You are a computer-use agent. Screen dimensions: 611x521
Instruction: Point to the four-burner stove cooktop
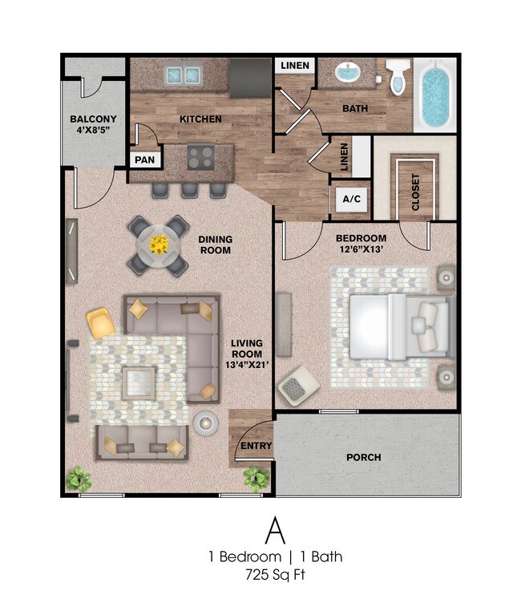[x=200, y=156]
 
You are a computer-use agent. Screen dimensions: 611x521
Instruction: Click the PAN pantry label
[x=144, y=160]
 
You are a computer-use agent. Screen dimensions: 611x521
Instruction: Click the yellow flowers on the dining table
[x=159, y=243]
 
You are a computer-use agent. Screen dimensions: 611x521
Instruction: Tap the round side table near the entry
[x=206, y=423]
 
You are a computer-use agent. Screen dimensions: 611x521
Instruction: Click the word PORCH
[x=363, y=458]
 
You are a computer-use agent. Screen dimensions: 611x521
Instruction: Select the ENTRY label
[x=256, y=447]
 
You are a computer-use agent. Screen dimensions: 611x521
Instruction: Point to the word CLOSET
[x=415, y=192]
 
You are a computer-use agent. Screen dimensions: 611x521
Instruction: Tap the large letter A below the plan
[x=276, y=529]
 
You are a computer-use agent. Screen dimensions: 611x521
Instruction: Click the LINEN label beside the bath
[x=295, y=66]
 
